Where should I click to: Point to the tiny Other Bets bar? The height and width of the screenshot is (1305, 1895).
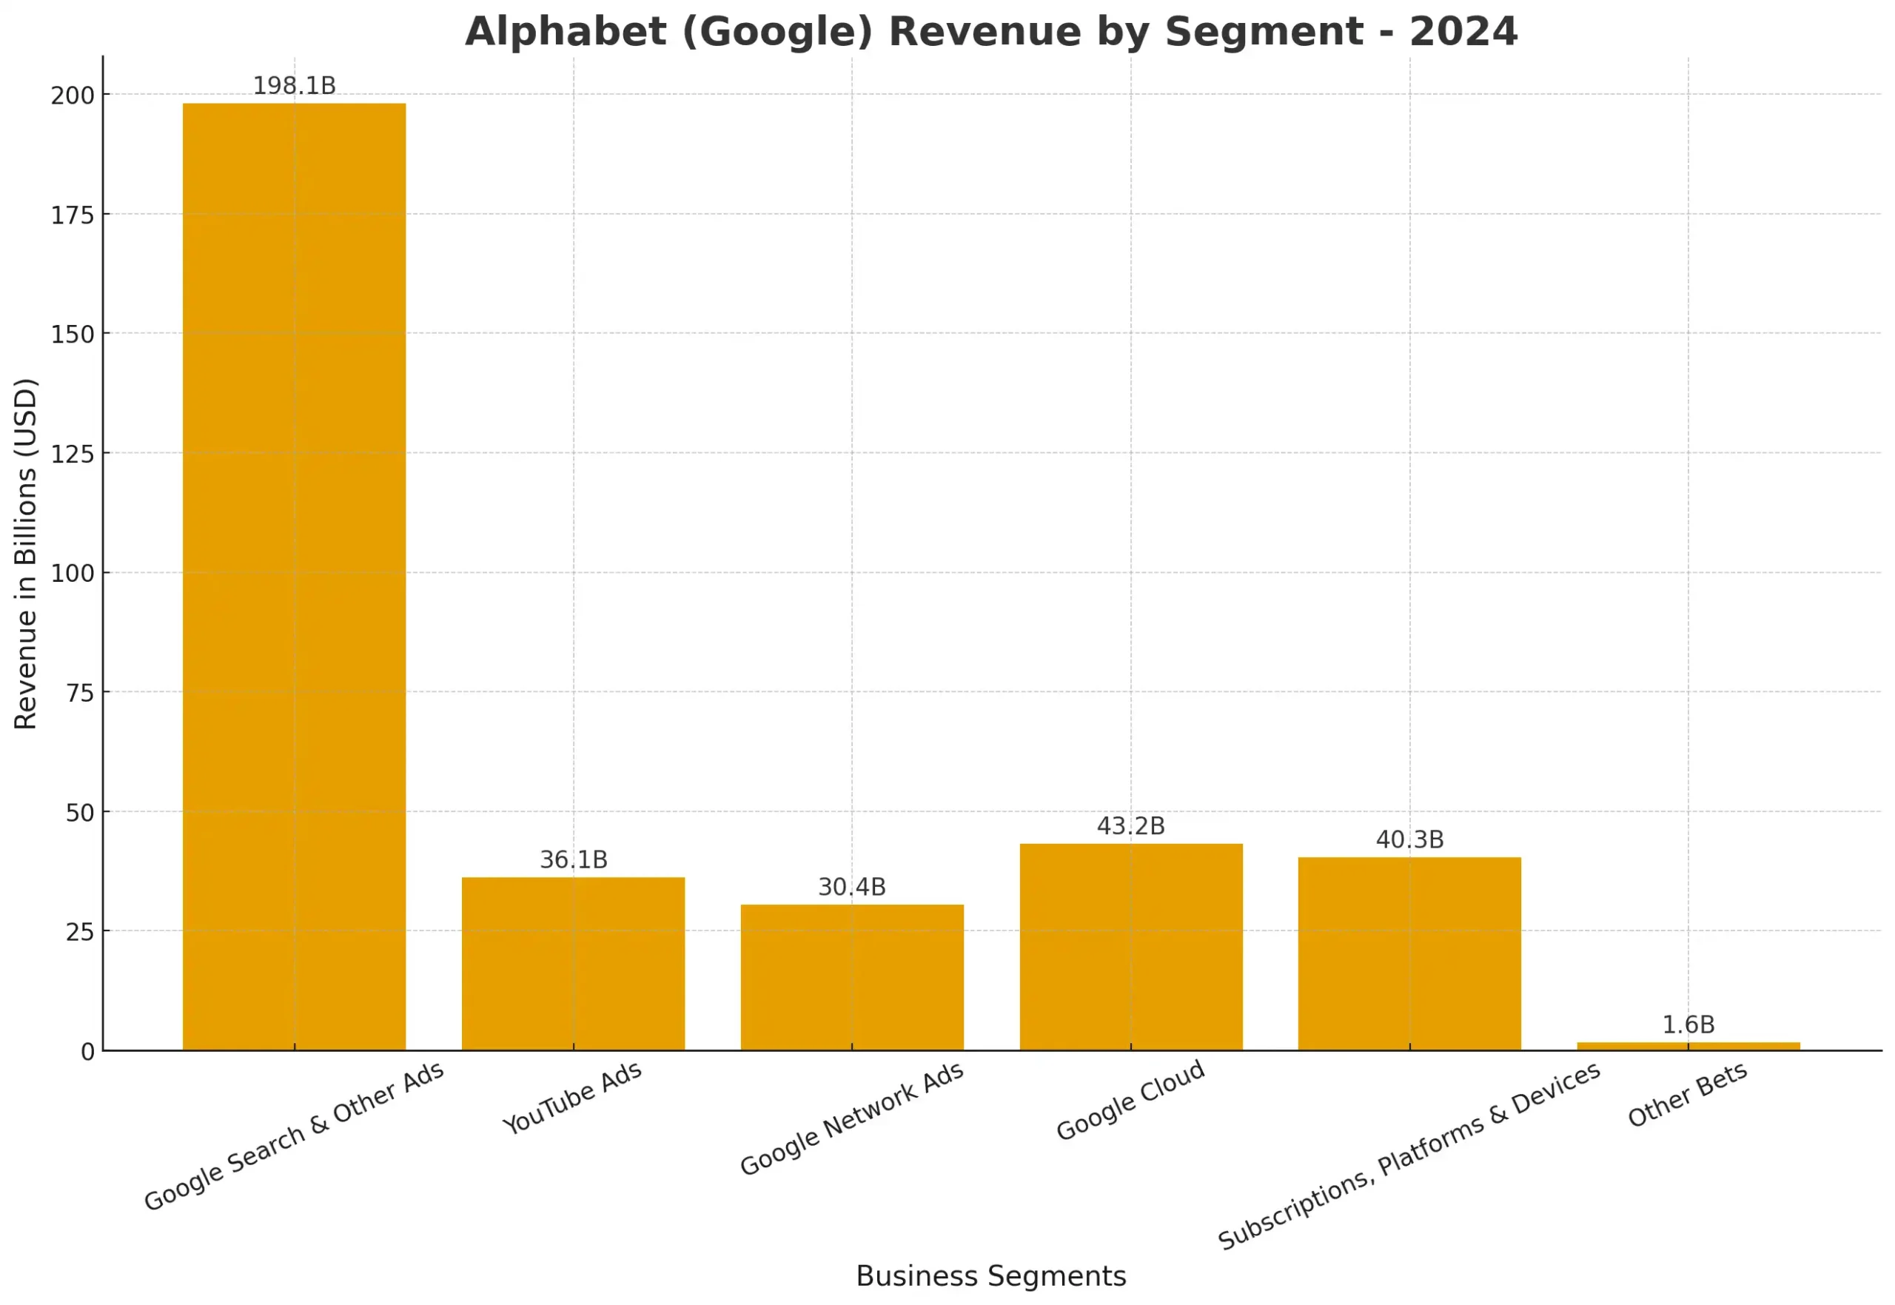[x=1688, y=1046]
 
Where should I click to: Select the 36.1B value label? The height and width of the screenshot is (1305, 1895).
[x=573, y=859]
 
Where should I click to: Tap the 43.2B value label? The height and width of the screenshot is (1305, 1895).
[x=1130, y=826]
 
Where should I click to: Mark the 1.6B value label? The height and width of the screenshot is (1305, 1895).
[x=1688, y=1024]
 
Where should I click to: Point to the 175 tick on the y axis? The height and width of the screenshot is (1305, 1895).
[x=73, y=215]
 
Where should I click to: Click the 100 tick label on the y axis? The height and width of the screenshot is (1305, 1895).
[x=73, y=573]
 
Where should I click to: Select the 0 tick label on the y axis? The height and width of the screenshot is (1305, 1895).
[x=87, y=1053]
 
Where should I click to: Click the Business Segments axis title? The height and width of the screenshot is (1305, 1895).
[x=991, y=1275]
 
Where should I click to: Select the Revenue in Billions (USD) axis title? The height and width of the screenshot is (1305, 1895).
[x=26, y=554]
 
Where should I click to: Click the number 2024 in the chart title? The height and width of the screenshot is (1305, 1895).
[x=1463, y=33]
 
